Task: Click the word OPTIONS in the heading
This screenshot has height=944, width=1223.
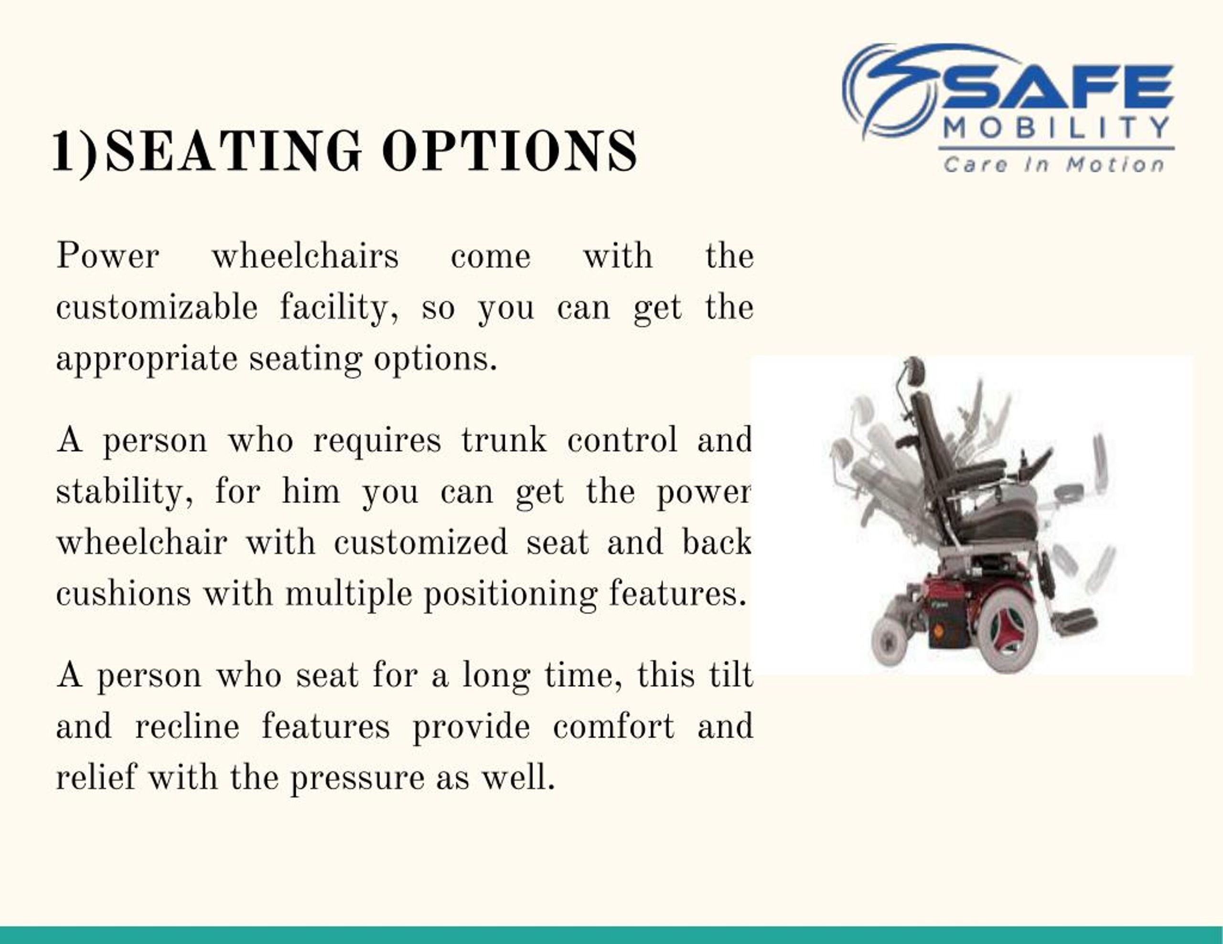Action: (x=510, y=151)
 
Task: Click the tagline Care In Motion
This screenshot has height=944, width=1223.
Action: (x=1054, y=165)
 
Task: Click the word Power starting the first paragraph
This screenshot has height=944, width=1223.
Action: (x=107, y=256)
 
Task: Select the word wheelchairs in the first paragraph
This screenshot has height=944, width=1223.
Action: (x=305, y=256)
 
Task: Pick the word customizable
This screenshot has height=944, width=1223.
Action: (x=157, y=307)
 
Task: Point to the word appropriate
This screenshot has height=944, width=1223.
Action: (x=147, y=359)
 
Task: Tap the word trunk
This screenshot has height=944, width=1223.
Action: (x=504, y=440)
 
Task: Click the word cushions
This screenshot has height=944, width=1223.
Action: (x=123, y=594)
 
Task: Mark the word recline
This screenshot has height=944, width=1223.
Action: (x=187, y=726)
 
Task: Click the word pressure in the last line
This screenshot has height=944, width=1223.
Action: (x=357, y=778)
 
